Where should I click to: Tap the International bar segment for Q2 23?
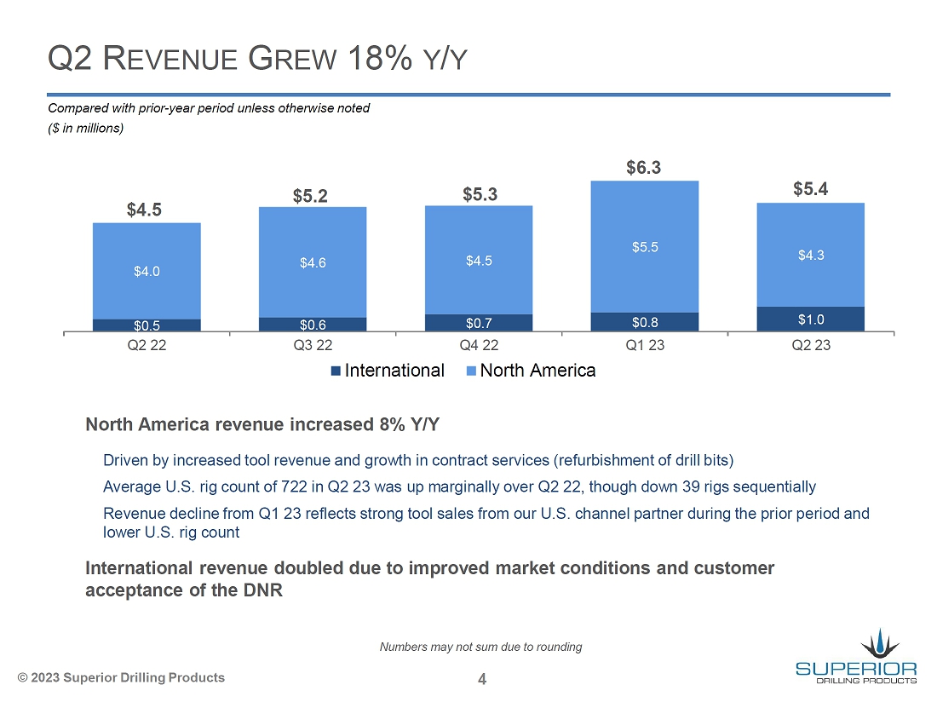click(810, 319)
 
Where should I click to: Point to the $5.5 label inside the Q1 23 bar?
click(644, 247)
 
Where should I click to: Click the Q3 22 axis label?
click(313, 346)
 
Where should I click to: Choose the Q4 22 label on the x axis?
click(479, 346)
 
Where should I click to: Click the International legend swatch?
click(336, 371)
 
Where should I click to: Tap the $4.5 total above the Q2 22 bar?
click(145, 210)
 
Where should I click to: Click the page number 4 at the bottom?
click(482, 679)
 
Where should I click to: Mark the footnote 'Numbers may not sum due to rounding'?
click(480, 647)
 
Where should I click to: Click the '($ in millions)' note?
click(86, 129)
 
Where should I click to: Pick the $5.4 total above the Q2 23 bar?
click(810, 189)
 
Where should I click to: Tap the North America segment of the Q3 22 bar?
click(313, 262)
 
